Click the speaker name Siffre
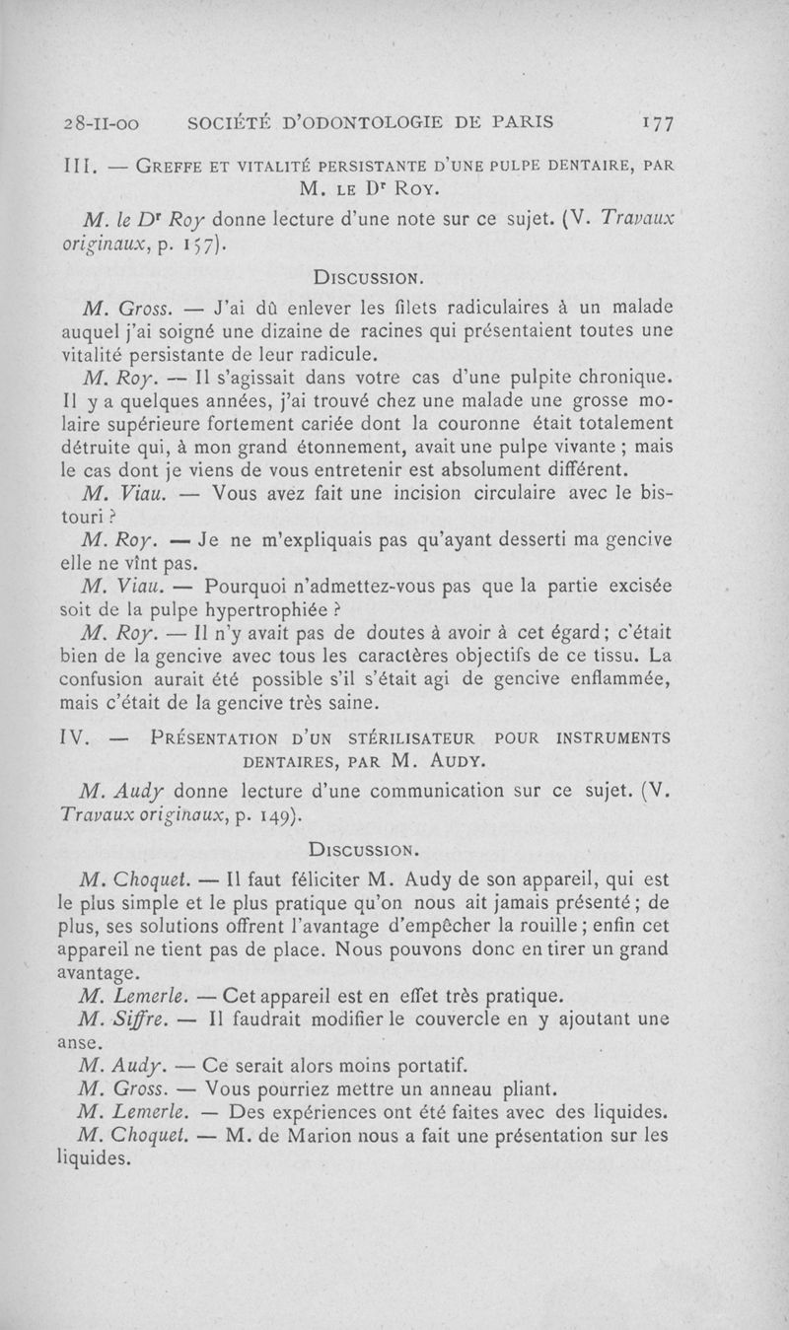pyautogui.click(x=144, y=1018)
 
